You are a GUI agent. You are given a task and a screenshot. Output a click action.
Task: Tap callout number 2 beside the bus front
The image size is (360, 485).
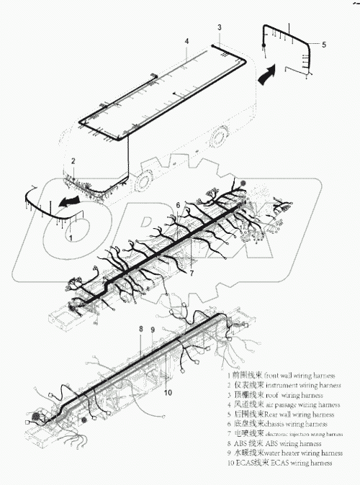click(73, 160)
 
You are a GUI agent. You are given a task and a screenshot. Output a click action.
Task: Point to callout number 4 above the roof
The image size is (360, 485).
click(186, 41)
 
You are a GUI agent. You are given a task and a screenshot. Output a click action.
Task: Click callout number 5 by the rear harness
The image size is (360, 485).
click(323, 45)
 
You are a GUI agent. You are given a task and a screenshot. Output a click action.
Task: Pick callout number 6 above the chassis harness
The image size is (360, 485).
click(178, 206)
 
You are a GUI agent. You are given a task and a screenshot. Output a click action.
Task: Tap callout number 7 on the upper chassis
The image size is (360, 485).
click(192, 273)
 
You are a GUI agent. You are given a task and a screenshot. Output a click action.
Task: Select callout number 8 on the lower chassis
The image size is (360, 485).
click(141, 329)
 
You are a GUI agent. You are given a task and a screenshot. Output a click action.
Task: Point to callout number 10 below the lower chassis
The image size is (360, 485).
click(167, 393)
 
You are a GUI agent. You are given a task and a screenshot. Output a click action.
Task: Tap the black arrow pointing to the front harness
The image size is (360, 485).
click(68, 204)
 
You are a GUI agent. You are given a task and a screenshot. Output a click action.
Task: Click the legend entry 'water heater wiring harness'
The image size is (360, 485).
click(283, 454)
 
